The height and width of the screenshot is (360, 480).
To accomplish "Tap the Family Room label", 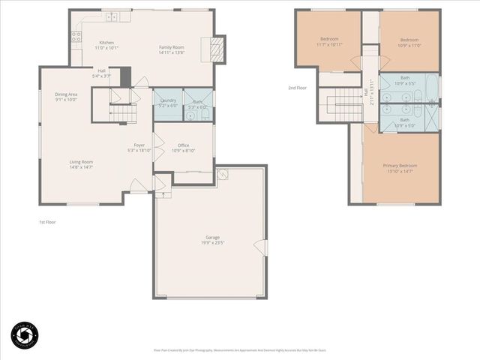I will (172, 47).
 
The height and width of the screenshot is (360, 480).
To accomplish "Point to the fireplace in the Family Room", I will (216, 48).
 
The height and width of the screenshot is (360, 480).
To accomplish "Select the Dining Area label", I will (66, 94).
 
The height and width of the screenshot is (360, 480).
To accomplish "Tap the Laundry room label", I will (168, 100).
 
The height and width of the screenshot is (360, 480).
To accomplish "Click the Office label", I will (183, 145).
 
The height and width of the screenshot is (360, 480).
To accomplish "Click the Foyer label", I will (139, 145).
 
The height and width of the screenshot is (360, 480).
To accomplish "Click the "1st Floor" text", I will (47, 222).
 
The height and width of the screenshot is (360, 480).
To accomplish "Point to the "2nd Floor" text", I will (298, 88).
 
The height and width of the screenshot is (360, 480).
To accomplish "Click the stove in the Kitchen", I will (76, 35).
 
